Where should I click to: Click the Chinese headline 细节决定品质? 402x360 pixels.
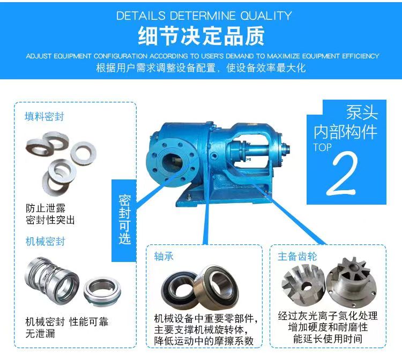click(201, 36)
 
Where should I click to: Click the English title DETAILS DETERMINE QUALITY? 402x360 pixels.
click(204, 16)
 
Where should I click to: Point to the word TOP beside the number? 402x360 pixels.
click(322, 147)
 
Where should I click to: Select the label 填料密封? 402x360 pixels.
click(44, 117)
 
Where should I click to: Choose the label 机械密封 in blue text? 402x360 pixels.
click(46, 242)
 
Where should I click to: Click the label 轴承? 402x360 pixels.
click(164, 256)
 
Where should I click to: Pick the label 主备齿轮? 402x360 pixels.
click(297, 256)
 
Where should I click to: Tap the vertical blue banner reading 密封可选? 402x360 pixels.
click(124, 220)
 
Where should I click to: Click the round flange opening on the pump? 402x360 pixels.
click(172, 162)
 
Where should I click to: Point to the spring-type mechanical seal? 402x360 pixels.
click(53, 281)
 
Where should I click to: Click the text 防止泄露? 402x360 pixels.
click(46, 208)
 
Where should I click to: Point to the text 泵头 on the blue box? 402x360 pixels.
click(362, 112)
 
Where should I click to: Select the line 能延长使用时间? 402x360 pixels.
click(327, 339)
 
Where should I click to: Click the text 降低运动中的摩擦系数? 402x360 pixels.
click(204, 341)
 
